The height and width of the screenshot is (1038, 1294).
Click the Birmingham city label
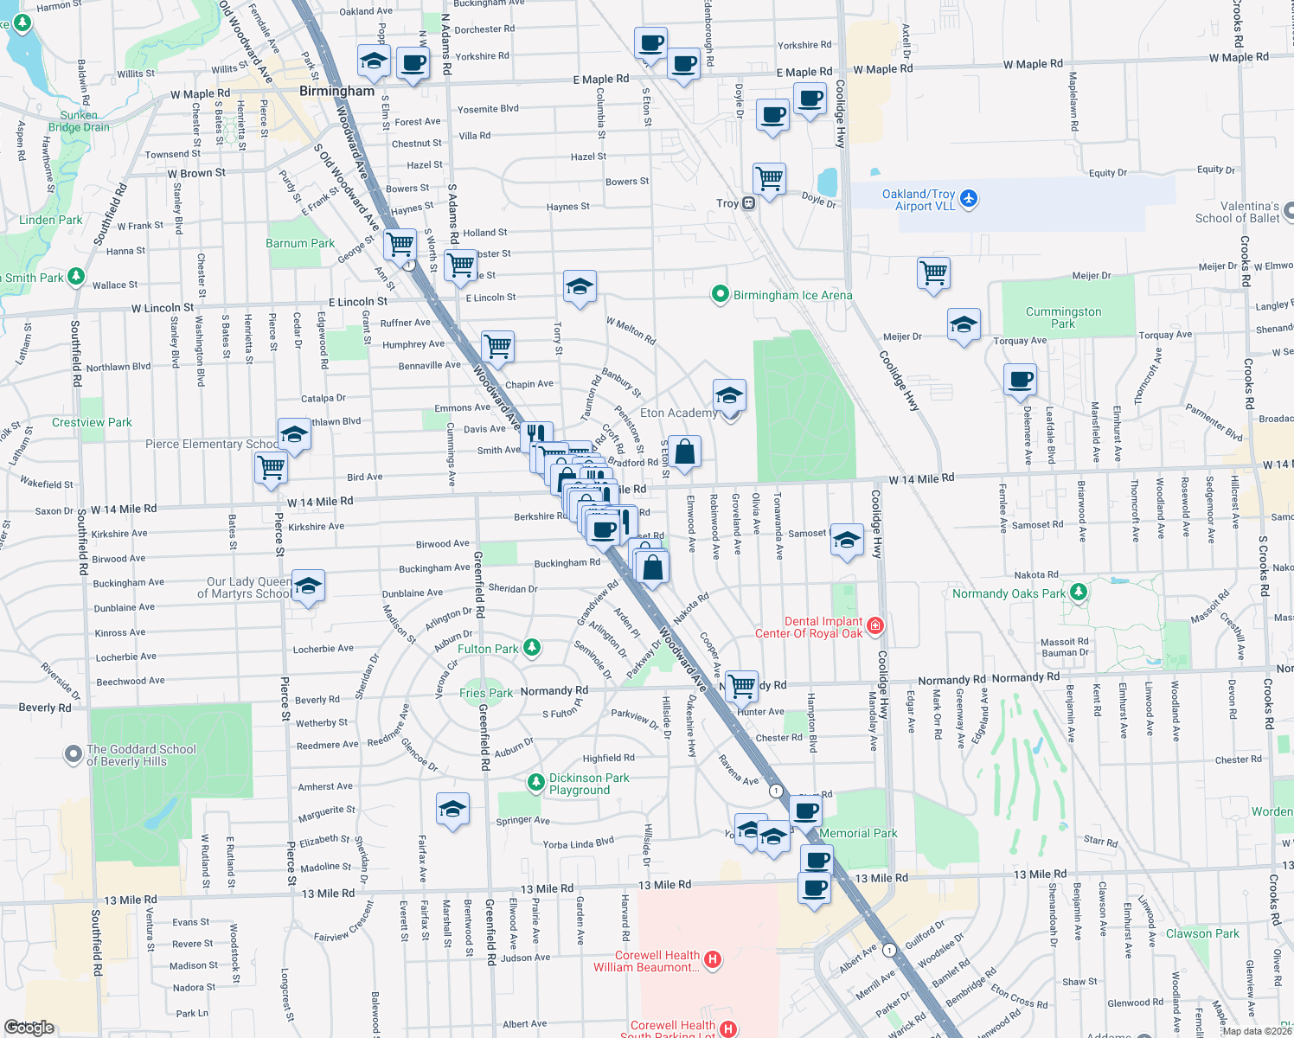(336, 91)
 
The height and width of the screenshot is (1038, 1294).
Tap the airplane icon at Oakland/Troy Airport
(968, 199)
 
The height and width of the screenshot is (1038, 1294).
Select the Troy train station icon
(748, 203)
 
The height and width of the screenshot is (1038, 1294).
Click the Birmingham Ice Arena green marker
(720, 295)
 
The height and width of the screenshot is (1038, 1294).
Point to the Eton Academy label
(678, 413)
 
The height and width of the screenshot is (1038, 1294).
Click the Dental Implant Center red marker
(874, 625)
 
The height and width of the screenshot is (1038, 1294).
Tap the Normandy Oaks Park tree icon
(1078, 593)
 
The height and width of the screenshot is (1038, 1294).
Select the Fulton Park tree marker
(532, 648)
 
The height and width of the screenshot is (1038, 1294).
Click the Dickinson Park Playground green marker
(536, 781)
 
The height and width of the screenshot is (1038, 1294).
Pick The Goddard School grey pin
(74, 754)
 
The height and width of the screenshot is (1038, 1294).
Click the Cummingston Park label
(1063, 317)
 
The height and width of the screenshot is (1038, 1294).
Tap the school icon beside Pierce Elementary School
(294, 434)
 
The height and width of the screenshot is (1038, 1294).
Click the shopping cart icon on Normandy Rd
(741, 686)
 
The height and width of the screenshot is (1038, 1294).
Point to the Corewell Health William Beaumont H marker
(713, 958)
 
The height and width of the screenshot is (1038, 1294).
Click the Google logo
(29, 1027)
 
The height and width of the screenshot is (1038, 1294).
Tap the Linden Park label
(51, 220)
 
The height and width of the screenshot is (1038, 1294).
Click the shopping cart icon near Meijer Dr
(933, 273)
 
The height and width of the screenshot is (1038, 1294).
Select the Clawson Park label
(1202, 933)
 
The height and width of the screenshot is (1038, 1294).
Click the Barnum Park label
(299, 243)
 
